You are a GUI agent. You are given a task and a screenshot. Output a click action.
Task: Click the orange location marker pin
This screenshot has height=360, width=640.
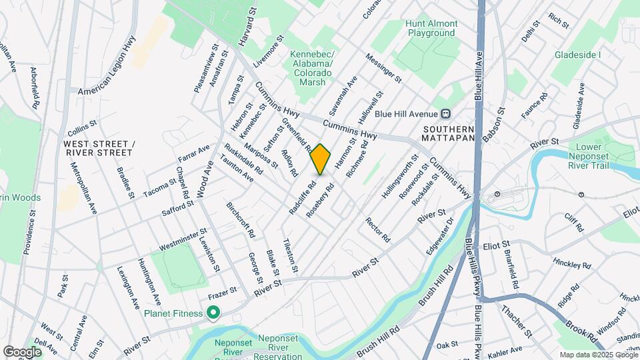(x=321, y=159)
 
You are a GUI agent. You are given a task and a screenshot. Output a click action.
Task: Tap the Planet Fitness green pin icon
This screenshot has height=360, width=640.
(x=213, y=312)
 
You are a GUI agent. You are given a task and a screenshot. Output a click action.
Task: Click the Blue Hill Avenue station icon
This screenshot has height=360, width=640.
(x=445, y=114)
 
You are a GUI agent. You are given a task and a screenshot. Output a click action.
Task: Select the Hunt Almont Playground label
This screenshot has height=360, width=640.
(x=431, y=27)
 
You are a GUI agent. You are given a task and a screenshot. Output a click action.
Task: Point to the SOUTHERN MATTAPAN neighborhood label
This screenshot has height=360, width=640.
(x=447, y=133)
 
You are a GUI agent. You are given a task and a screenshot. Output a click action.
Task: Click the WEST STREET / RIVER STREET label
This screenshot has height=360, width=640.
(x=99, y=148)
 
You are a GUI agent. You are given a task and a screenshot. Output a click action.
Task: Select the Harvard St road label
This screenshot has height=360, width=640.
(x=247, y=27)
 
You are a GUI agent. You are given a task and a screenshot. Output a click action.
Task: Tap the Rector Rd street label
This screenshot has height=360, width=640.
(x=377, y=229)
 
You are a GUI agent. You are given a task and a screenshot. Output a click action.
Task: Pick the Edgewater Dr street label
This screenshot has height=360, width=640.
(x=440, y=235)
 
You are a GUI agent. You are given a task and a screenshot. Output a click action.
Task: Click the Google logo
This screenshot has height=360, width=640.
(x=22, y=351)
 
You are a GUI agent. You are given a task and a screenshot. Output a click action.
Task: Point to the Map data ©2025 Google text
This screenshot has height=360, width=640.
(x=597, y=355)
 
